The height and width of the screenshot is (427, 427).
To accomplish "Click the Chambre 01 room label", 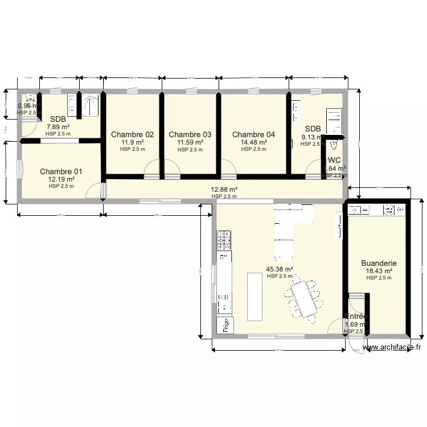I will click(x=61, y=171).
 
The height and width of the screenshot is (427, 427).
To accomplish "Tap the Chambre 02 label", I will click(x=132, y=134).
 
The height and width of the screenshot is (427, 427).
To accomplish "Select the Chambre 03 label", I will click(x=190, y=134).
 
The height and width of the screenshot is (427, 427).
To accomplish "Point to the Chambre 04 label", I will click(x=253, y=134).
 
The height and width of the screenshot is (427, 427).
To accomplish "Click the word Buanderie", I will click(x=379, y=264).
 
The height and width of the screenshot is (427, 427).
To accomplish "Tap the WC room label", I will click(x=334, y=161).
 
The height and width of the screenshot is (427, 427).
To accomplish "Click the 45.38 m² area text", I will click(x=280, y=269).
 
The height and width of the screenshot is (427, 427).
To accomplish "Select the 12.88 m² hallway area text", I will click(x=224, y=190).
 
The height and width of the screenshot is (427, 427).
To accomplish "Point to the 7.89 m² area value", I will click(x=58, y=127).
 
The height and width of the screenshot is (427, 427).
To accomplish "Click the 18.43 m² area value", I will click(x=379, y=271).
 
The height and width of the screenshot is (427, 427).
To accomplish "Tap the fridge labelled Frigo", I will click(x=225, y=324).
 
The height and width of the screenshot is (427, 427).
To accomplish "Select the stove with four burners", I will click(x=224, y=240).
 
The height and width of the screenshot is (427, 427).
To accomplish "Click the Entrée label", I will click(x=357, y=317).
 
